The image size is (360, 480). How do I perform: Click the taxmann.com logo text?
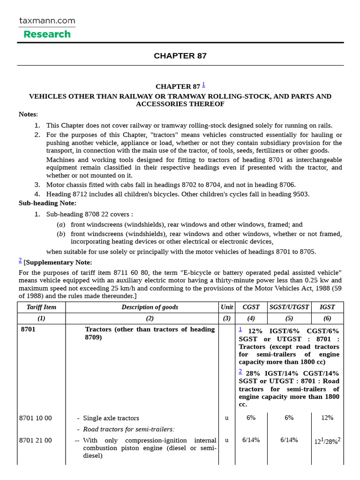pyautogui.click(x=47, y=21)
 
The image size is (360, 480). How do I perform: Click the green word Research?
pyautogui.click(x=47, y=34)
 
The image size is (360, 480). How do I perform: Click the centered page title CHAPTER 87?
pyautogui.click(x=180, y=56)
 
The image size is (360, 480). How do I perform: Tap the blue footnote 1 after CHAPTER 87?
pyautogui.click(x=203, y=85)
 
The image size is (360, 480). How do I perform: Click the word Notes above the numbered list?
pyautogui.click(x=28, y=114)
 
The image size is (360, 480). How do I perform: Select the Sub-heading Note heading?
pyautogui.click(x=47, y=203)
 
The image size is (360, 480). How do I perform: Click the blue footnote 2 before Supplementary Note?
pyautogui.click(x=20, y=261)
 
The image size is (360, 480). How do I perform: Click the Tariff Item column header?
pyautogui.click(x=41, y=307)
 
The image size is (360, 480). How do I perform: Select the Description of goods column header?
pyautogui.click(x=150, y=307)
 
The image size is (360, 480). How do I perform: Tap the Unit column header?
pyautogui.click(x=227, y=307)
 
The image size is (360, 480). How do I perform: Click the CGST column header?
pyautogui.click(x=251, y=307)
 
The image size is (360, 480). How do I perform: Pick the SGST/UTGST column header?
pyautogui.click(x=289, y=307)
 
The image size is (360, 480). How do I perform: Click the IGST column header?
pyautogui.click(x=327, y=307)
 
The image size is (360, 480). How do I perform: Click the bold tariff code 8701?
pyautogui.click(x=28, y=330)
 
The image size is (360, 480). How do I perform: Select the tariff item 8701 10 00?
pyautogui.click(x=36, y=418)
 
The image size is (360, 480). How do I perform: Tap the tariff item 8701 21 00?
pyautogui.click(x=36, y=441)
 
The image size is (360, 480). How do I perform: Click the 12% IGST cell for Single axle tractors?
pyautogui.click(x=327, y=418)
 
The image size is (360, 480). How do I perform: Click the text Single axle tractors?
pyautogui.click(x=111, y=418)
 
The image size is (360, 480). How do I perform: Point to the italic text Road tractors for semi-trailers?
pyautogui.click(x=128, y=429)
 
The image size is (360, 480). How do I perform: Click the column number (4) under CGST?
pyautogui.click(x=251, y=318)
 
